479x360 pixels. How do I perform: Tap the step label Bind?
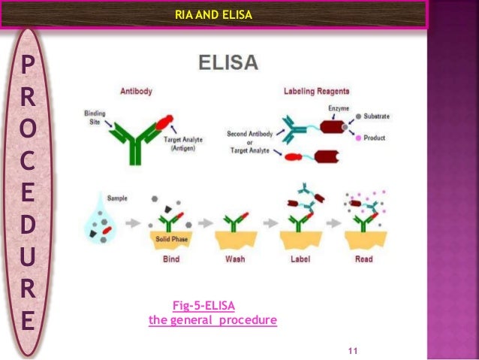[x=170, y=259]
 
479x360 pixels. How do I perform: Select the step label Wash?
[x=235, y=259]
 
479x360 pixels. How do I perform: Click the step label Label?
[x=300, y=259]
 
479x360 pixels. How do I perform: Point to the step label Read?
[x=364, y=259]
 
